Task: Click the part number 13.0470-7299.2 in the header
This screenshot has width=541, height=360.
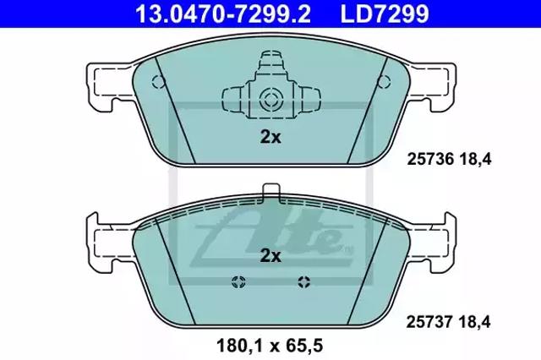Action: pyautogui.click(x=223, y=14)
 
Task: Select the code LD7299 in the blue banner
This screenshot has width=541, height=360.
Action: pyautogui.click(x=385, y=14)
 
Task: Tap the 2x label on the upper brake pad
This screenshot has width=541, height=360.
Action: pyautogui.click(x=270, y=137)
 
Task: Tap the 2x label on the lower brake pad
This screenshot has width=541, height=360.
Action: pyautogui.click(x=270, y=256)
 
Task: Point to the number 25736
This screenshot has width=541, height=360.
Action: pyautogui.click(x=430, y=160)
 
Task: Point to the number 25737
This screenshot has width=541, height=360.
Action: pyautogui.click(x=429, y=322)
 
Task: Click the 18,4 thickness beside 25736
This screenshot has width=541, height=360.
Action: pyautogui.click(x=475, y=160)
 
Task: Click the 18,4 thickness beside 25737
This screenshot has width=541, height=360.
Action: pyautogui.click(x=474, y=322)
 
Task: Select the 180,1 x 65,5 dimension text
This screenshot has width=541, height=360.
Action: pyautogui.click(x=270, y=345)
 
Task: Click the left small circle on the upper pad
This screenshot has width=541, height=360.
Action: pyautogui.click(x=158, y=82)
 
